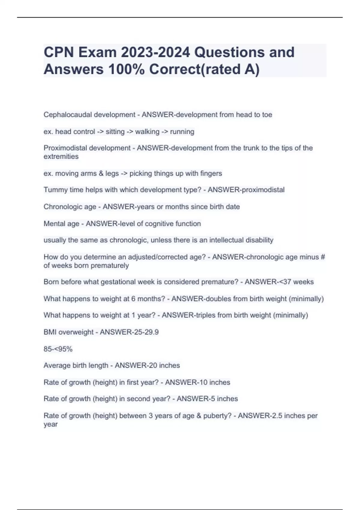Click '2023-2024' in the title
[x=155, y=52]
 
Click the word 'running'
[x=182, y=132]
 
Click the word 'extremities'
[x=61, y=156]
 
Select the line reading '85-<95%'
[x=58, y=349]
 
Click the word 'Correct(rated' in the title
[x=195, y=69]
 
